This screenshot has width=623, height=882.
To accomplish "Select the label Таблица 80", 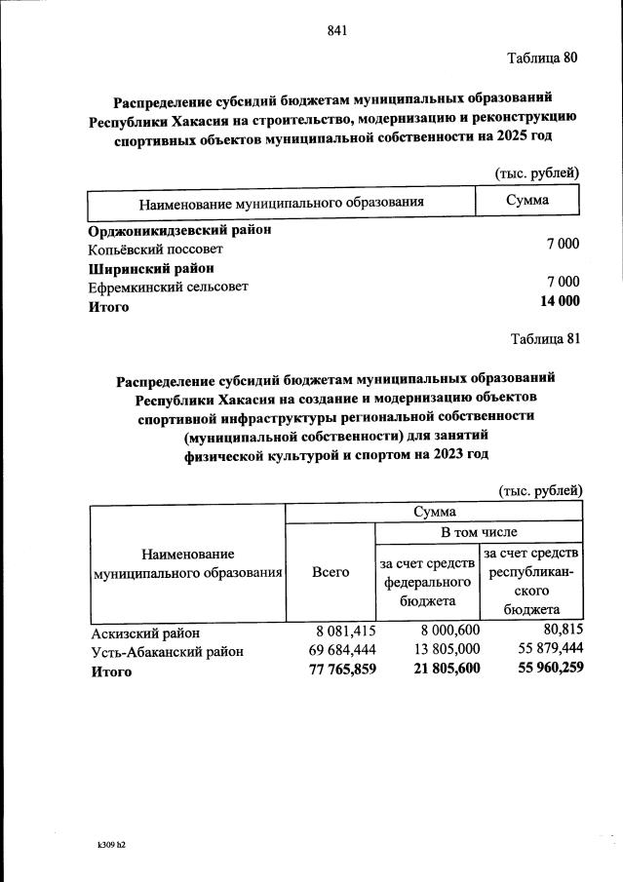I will click(x=543, y=58).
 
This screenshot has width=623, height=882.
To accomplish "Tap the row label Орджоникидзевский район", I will click(x=179, y=231).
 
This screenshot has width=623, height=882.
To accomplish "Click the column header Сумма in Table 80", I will click(x=527, y=200).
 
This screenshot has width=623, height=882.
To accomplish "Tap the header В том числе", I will click(x=479, y=532).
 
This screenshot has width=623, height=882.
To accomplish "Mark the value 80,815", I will click(x=560, y=633).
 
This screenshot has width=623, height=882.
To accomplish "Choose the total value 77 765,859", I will click(x=334, y=670).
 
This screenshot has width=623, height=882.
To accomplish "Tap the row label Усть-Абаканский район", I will click(x=167, y=651).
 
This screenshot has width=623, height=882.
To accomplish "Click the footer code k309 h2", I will click(x=104, y=844).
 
